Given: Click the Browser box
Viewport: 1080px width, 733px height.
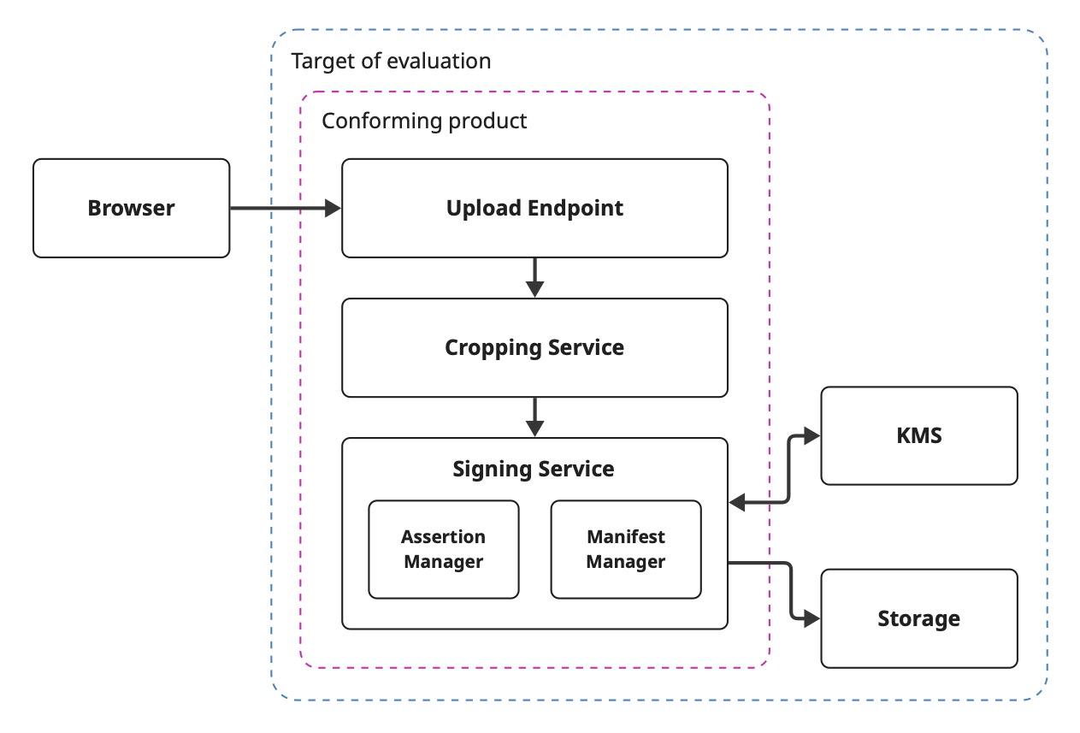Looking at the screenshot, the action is coord(131,208).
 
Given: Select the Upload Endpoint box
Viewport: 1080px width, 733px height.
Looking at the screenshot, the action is coord(534,208).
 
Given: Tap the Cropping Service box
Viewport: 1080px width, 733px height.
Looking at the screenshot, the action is coord(534,348).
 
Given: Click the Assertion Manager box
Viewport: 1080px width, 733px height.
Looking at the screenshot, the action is coord(444,549).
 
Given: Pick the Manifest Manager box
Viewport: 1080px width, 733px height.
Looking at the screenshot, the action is coord(626,549).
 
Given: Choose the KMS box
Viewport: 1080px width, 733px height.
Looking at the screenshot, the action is coord(919,435).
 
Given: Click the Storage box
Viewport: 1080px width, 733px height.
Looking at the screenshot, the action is coord(919,618).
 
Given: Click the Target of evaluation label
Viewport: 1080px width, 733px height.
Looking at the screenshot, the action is coord(391,62).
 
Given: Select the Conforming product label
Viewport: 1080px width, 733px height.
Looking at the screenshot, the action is coord(424,121).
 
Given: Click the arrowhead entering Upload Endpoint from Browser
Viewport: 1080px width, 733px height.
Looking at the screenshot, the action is coord(333,209).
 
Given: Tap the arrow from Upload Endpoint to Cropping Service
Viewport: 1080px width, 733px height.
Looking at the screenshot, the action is coord(534,278).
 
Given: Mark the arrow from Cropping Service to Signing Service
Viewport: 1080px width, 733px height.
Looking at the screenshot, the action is coord(534,417).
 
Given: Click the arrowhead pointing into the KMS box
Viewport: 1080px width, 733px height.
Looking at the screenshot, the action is coord(812,435).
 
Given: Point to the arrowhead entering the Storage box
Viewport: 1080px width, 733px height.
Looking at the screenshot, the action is coord(812,618).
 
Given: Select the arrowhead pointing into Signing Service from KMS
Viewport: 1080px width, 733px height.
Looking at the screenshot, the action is coord(737,502).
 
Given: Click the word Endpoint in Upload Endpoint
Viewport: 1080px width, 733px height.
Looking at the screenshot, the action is coord(575,209).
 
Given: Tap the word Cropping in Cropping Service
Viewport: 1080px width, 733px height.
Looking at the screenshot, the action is coord(493,348).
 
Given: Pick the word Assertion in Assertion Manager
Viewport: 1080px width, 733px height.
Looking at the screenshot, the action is coord(443,537).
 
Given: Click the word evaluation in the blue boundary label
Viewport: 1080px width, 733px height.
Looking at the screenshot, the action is coord(440,62).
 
